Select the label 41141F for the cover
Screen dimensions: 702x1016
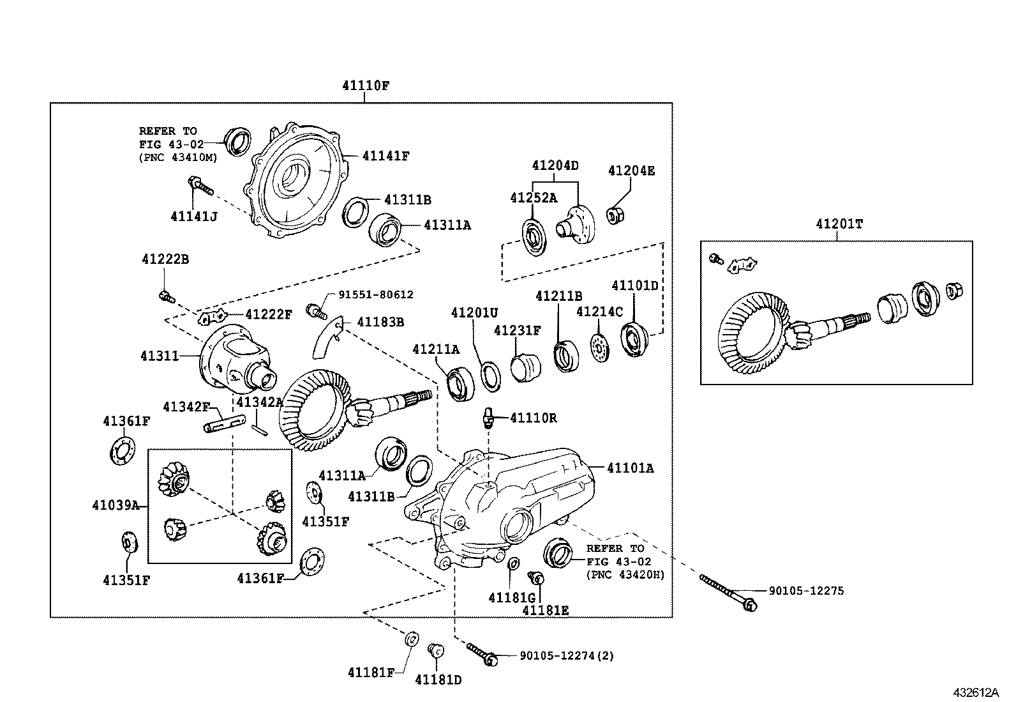point(385,155)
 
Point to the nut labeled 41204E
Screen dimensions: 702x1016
point(615,216)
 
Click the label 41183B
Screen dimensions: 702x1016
point(380,322)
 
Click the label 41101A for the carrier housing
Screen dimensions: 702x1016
point(630,468)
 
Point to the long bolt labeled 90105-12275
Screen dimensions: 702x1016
point(728,591)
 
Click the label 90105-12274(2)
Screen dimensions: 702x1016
point(567,655)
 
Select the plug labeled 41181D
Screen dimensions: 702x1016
point(437,650)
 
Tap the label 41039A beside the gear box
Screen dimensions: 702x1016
point(116,505)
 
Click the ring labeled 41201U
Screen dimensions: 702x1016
point(491,376)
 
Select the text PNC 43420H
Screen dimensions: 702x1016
point(625,574)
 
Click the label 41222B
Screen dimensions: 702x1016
point(165,259)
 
